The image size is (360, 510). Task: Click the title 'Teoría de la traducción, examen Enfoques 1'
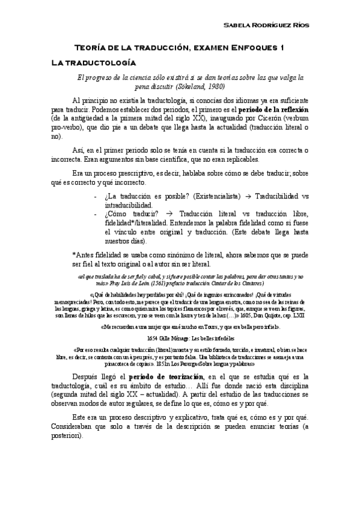[x=178, y=48]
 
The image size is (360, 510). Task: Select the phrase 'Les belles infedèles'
[x=215, y=339]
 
